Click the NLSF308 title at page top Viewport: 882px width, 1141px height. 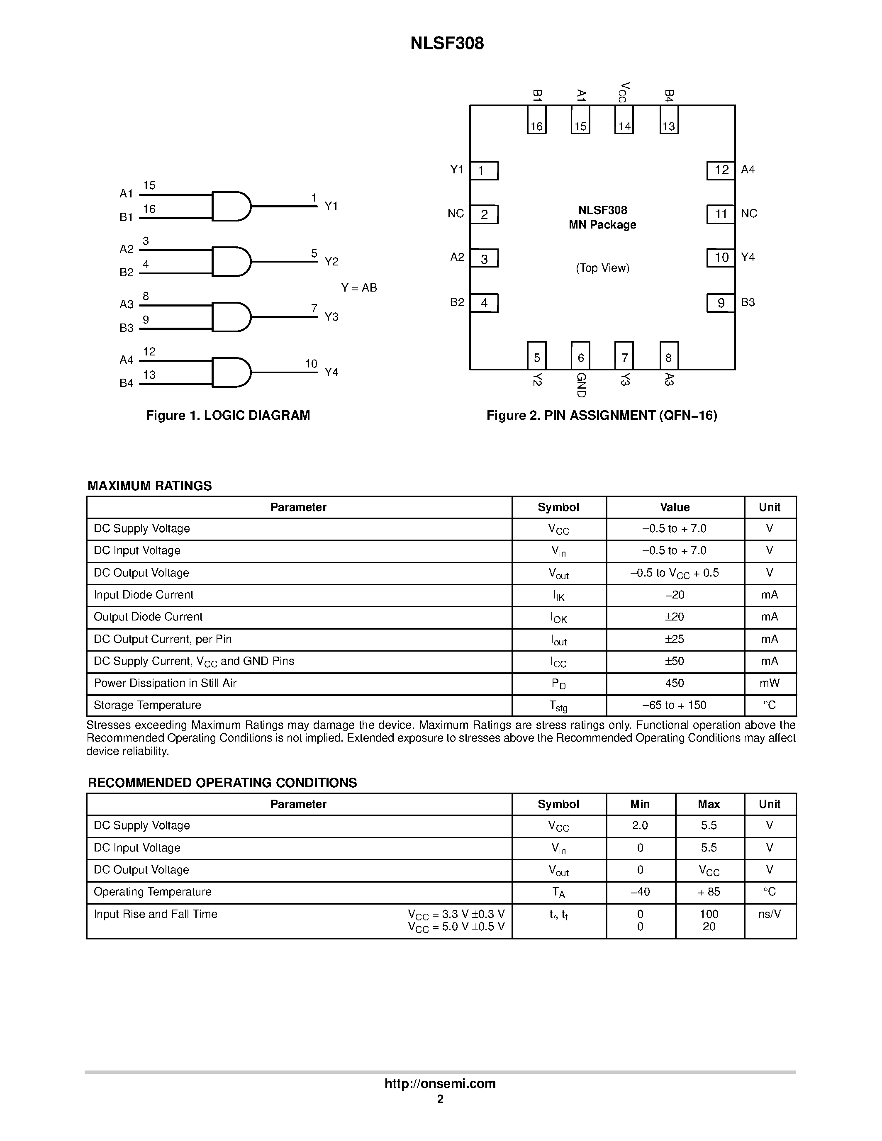click(447, 44)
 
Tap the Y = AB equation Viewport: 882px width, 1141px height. click(359, 288)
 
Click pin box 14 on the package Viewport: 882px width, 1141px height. click(624, 119)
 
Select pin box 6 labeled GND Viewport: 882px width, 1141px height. click(580, 355)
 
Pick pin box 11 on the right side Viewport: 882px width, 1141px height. click(721, 214)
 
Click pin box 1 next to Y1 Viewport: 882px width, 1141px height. click(484, 171)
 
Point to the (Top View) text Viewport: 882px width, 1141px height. click(602, 268)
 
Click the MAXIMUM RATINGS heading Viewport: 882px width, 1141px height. click(149, 486)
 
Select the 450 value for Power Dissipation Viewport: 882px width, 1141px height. click(674, 684)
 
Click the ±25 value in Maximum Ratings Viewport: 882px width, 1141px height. click(674, 640)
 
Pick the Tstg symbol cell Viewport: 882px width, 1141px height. click(558, 706)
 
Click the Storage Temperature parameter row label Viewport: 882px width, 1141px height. click(147, 705)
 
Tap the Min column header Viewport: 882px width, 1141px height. click(640, 804)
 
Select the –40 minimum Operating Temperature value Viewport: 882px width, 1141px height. click(640, 892)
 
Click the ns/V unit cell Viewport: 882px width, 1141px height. click(769, 914)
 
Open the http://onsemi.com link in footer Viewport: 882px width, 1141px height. click(440, 1083)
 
